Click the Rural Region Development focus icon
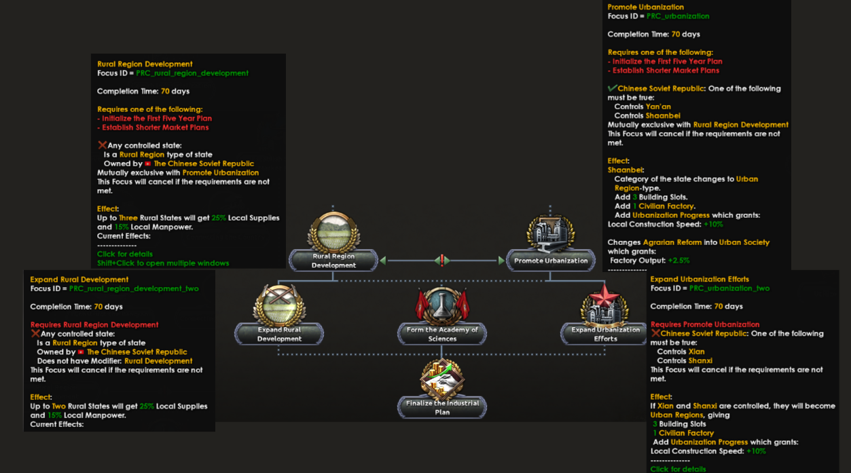pos(333,231)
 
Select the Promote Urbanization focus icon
pos(551,233)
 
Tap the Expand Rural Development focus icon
pos(279,305)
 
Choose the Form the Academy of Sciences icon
pos(442,305)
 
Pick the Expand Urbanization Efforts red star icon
pos(604,305)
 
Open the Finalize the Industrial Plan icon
pos(442,379)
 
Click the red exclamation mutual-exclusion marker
pos(442,261)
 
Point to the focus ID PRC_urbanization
pos(677,16)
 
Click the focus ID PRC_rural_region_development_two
pos(134,288)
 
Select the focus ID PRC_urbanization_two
pos(729,288)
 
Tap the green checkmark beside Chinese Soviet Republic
pos(612,88)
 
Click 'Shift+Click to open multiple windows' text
pos(163,263)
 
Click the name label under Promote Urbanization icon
pos(551,261)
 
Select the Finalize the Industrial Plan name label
pos(442,407)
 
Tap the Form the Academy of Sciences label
pos(442,334)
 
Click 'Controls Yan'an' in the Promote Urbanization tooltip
pos(642,107)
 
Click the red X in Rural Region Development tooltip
pos(102,145)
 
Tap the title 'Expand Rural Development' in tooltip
pos(79,280)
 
